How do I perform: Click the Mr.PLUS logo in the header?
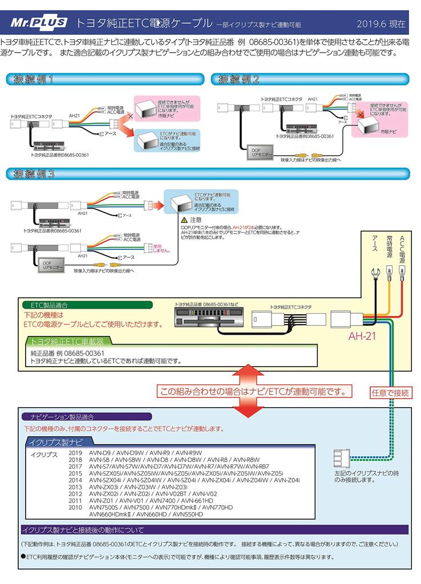pyautogui.click(x=39, y=23)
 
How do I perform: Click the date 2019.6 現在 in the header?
pyautogui.click(x=381, y=24)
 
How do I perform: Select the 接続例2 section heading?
pyautogui.click(x=239, y=79)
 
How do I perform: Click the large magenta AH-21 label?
pyautogui.click(x=362, y=336)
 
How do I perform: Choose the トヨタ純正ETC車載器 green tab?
pyautogui.click(x=68, y=342)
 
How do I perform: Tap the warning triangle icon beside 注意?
pyautogui.click(x=184, y=220)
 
